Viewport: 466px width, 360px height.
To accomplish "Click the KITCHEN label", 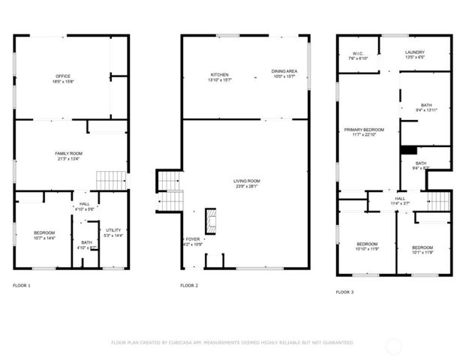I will click(x=220, y=75).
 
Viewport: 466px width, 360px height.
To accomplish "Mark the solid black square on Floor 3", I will click(x=408, y=150).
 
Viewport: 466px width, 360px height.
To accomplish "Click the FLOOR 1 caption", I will click(x=23, y=286).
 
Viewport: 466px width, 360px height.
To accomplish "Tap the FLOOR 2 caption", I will click(x=189, y=286).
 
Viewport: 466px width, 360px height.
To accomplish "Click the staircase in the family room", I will click(x=112, y=180).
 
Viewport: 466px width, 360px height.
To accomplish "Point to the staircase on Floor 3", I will click(x=439, y=201).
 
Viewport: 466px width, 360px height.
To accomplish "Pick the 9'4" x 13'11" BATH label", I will click(x=426, y=107).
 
